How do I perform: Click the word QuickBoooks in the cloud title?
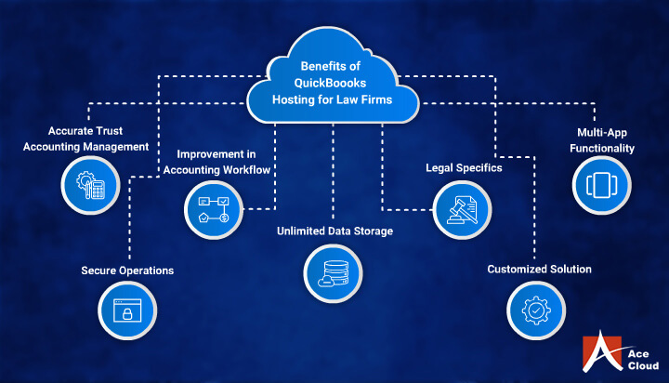pos(333,83)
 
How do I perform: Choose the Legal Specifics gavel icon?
pos(461,208)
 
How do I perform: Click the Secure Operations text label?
pos(126,271)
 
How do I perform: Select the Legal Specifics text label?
pos(465,168)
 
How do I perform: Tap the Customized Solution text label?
pos(540,270)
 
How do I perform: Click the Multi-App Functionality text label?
pos(604,139)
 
